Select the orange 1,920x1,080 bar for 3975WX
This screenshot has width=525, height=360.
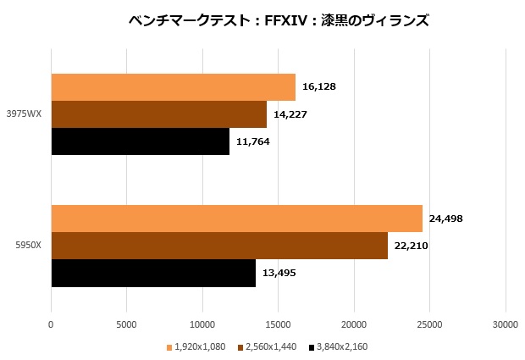173,87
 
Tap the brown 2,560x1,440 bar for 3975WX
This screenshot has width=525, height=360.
158,114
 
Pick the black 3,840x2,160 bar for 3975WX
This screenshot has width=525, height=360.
140,141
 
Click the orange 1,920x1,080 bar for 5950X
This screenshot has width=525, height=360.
236,219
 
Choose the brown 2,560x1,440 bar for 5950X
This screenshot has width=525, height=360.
219,246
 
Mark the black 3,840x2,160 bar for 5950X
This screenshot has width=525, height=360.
153,273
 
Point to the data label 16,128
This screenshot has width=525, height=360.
319,86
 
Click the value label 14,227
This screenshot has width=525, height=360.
290,114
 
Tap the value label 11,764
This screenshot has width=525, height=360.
253,141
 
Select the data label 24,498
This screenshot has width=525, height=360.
446,219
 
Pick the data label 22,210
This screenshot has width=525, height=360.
412,246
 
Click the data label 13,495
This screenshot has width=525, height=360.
279,273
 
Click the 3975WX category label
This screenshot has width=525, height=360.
24,114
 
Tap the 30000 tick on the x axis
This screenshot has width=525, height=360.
506,324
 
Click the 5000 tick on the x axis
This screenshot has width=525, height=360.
126,324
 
